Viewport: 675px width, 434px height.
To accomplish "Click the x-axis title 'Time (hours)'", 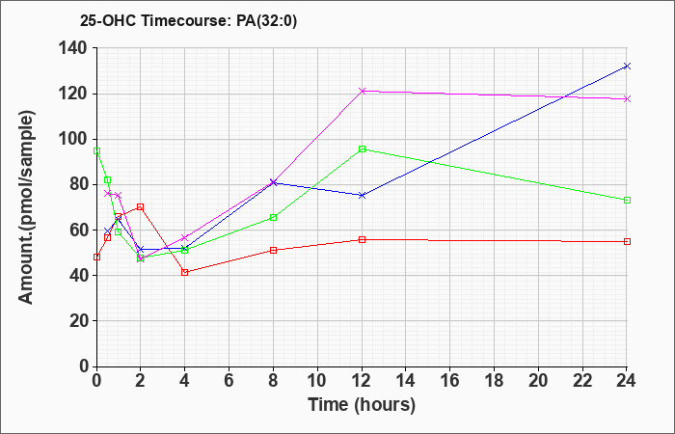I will [362, 404].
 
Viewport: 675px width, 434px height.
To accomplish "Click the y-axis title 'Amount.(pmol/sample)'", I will [28, 207].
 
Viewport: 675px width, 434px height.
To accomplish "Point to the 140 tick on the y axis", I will [73, 48].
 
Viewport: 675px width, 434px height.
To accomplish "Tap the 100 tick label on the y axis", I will [73, 139].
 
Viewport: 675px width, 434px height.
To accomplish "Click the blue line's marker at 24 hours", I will [627, 67].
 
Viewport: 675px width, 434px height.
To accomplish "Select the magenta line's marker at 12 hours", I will [362, 91].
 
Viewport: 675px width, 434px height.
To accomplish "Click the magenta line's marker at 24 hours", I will [627, 98].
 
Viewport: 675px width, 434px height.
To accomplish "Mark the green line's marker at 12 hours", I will [362, 149].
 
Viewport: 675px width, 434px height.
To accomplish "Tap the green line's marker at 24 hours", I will [627, 200].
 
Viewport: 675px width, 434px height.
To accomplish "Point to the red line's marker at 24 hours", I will [627, 241].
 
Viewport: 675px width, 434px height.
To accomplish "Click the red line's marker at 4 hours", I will [184, 272].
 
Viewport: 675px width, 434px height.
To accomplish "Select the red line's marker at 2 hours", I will [141, 206].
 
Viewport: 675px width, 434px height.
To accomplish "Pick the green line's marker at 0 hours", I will [96, 150].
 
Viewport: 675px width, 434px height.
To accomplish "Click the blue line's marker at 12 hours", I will [362, 195].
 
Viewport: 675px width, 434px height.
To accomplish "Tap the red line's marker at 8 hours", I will [273, 250].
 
